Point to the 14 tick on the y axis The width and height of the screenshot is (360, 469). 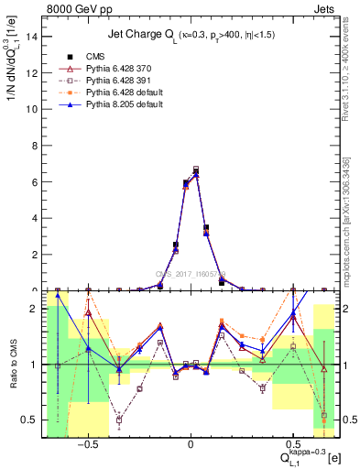(x=36, y=37)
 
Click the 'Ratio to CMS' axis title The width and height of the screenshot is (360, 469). (x=13, y=364)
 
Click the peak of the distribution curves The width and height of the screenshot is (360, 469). (x=196, y=169)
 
